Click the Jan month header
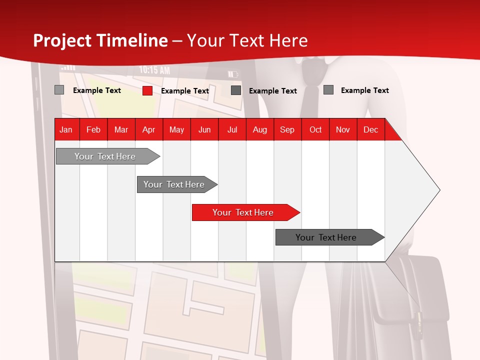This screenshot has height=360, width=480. pyautogui.click(x=66, y=129)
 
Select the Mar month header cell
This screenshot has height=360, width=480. pyautogui.click(x=121, y=129)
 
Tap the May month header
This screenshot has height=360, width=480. pyautogui.click(x=176, y=129)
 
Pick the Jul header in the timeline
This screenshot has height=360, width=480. pyautogui.click(x=232, y=129)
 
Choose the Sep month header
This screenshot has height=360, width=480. pyautogui.click(x=287, y=129)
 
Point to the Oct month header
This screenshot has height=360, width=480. pyautogui.click(x=315, y=129)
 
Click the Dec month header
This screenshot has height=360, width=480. pyautogui.click(x=370, y=129)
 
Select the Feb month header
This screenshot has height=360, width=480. pyautogui.click(x=93, y=129)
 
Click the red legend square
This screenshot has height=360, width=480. pyautogui.click(x=147, y=90)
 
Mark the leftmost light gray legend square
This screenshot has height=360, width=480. pyautogui.click(x=59, y=90)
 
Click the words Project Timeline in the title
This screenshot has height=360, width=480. pyautogui.click(x=100, y=40)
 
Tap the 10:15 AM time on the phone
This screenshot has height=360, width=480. pyautogui.click(x=154, y=70)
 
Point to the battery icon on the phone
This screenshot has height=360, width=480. pyautogui.click(x=233, y=74)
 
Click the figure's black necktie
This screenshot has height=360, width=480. pyautogui.click(x=311, y=95)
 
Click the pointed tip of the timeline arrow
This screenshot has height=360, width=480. pyautogui.click(x=439, y=190)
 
